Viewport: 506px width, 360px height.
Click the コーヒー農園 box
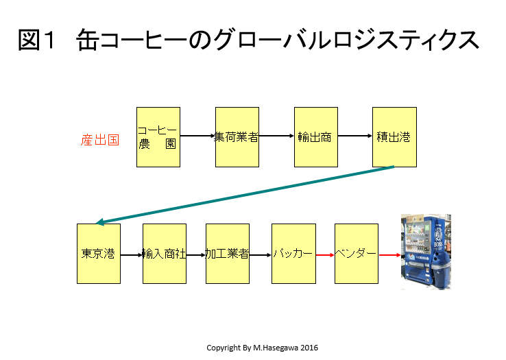(x=158, y=137)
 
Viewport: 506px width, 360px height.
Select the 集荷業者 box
(x=237, y=137)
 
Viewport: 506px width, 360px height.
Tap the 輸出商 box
(x=316, y=137)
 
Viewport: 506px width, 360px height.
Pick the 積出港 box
(x=394, y=137)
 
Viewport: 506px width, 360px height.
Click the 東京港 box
(x=99, y=254)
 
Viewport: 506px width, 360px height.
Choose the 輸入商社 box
(x=165, y=254)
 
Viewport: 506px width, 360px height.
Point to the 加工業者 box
(x=228, y=254)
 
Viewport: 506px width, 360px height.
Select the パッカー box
(x=293, y=254)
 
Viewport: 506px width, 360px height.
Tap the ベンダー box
(x=357, y=254)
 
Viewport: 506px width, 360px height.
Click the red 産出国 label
(x=100, y=140)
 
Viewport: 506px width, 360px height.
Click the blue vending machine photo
(x=426, y=252)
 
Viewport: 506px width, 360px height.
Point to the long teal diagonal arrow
(x=245, y=195)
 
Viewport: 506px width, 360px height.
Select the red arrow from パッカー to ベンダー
(x=325, y=255)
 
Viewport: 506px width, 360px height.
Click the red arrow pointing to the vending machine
(x=390, y=255)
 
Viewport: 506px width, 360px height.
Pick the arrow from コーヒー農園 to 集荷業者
(x=197, y=136)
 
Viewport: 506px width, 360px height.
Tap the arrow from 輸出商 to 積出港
(x=355, y=136)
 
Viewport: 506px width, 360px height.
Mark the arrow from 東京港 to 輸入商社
(x=132, y=255)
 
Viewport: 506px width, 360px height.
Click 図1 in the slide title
(x=36, y=40)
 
